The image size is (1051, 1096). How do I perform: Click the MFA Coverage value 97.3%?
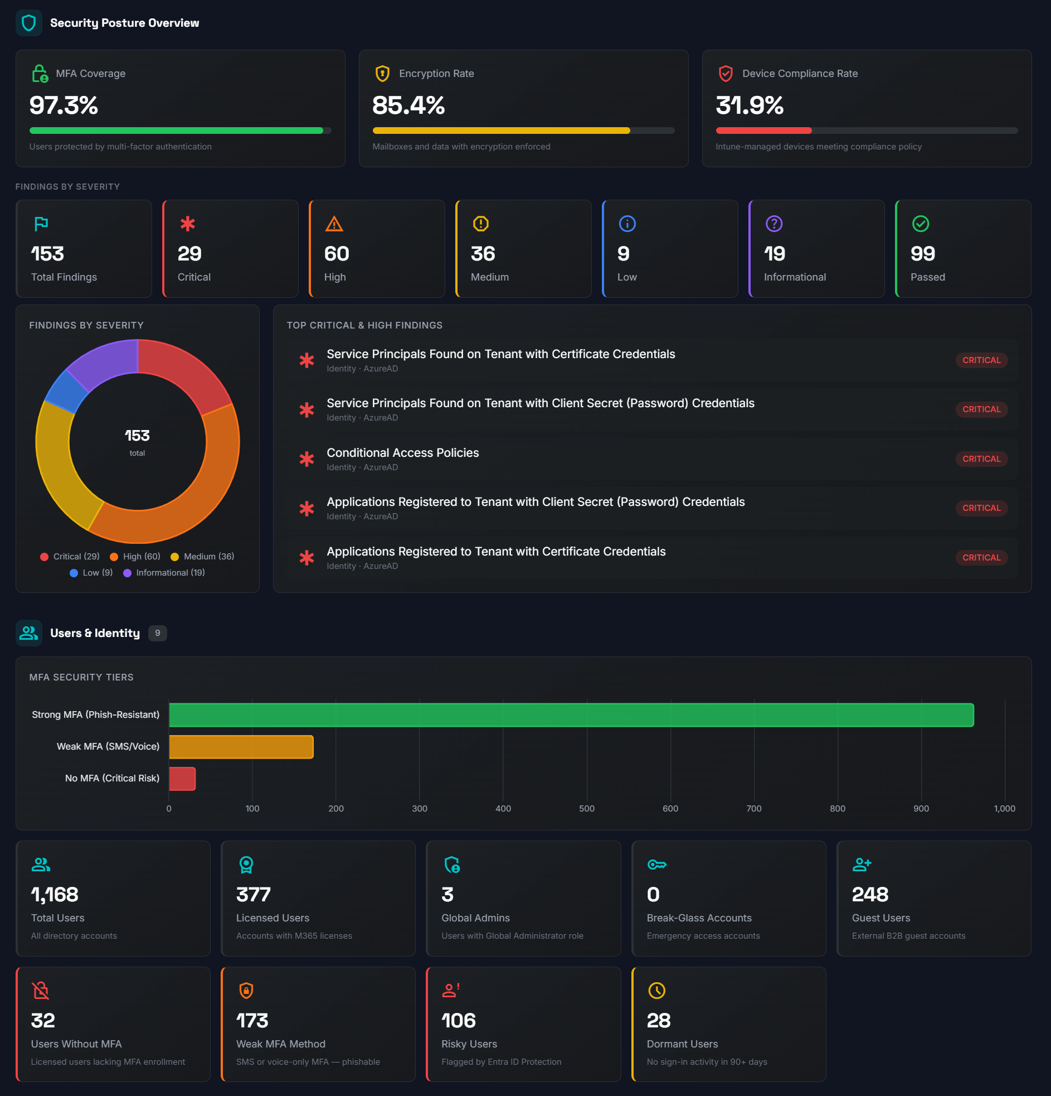[64, 105]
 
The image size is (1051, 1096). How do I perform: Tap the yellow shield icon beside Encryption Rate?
[382, 73]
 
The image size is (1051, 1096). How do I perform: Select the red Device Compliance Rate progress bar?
[763, 131]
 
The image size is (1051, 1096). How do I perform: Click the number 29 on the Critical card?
[189, 254]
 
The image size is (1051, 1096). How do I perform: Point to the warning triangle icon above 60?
[334, 224]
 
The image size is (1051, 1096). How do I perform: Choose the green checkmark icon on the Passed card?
[920, 224]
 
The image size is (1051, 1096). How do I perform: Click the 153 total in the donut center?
[138, 436]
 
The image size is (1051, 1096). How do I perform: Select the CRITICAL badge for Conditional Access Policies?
[981, 459]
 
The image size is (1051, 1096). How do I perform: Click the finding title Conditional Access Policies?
[403, 453]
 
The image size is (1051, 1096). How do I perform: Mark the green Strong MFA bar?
[571, 714]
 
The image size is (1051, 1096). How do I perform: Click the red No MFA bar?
[182, 779]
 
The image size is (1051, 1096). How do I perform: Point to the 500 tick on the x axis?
[587, 809]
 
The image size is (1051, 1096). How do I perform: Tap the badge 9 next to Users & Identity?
[158, 633]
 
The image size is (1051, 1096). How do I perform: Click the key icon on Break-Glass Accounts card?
[656, 865]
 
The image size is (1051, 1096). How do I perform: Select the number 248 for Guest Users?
[870, 895]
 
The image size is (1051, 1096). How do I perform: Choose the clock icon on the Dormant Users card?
[656, 991]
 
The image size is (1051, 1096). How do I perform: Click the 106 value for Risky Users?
[459, 1021]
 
